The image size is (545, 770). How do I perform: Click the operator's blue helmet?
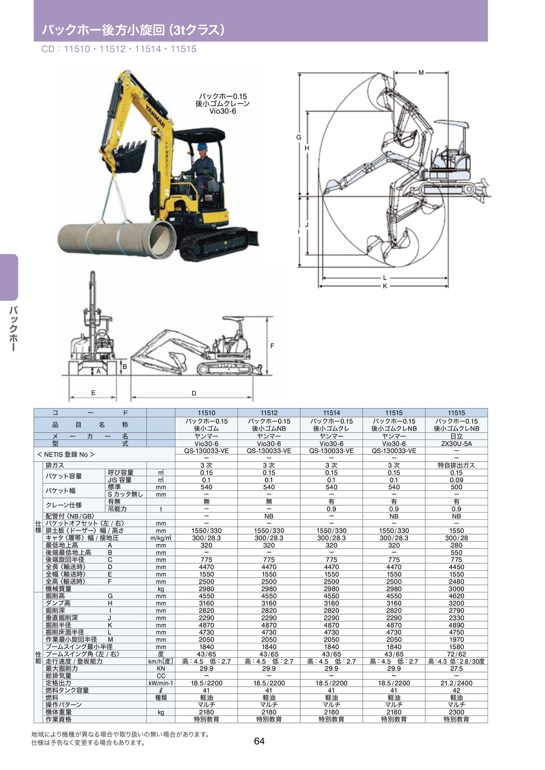pyautogui.click(x=202, y=146)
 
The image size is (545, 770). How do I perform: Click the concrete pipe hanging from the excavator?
pyautogui.click(x=116, y=239)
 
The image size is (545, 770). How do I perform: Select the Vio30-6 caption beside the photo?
pyautogui.click(x=223, y=111)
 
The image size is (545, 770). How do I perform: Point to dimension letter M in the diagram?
pyautogui.click(x=421, y=73)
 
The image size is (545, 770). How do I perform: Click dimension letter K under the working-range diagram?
pyautogui.click(x=385, y=286)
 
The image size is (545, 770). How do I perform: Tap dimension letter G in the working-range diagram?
pyautogui.click(x=299, y=137)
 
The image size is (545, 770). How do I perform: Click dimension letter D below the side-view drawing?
pyautogui.click(x=194, y=393)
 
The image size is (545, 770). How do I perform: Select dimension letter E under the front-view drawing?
pyautogui.click(x=93, y=393)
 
